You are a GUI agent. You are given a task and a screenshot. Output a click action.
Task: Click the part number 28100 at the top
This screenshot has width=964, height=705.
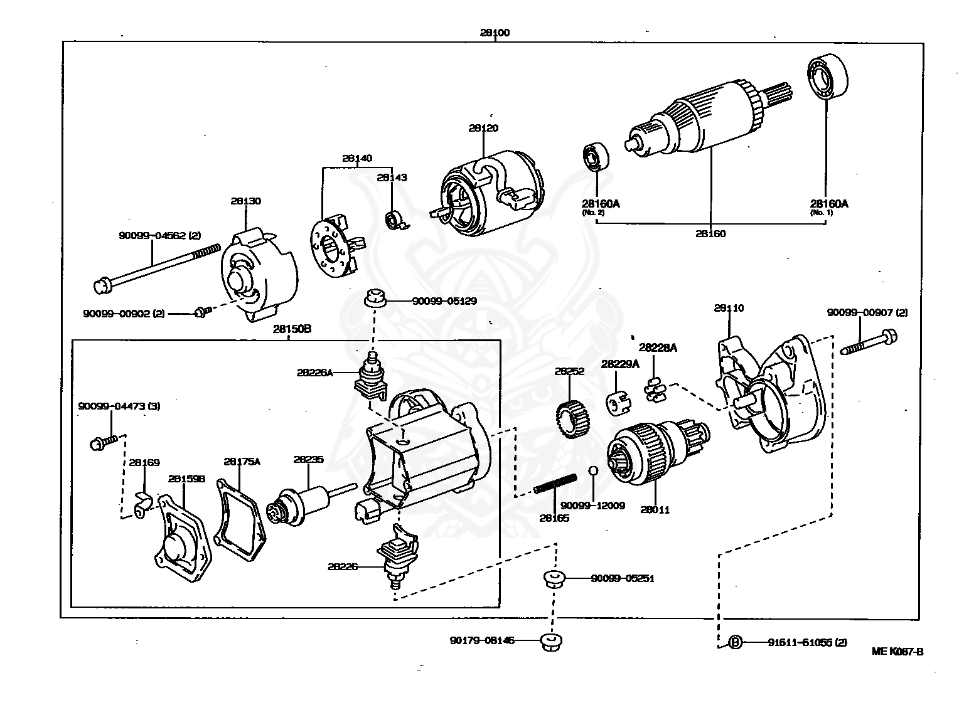495,33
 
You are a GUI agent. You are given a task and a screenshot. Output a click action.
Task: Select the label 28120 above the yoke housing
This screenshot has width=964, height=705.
483,128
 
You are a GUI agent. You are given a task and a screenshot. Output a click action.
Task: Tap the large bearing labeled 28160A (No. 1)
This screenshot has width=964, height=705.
827,77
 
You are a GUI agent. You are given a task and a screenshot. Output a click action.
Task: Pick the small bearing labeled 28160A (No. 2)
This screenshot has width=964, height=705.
594,157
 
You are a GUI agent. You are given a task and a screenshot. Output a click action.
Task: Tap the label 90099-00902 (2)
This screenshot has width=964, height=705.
124,313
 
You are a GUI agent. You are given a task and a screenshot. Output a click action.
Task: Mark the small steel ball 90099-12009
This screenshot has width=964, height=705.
593,471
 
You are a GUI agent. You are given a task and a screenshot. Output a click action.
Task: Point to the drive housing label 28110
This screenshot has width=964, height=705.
729,308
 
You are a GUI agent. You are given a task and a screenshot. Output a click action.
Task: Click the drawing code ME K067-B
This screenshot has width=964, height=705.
897,651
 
